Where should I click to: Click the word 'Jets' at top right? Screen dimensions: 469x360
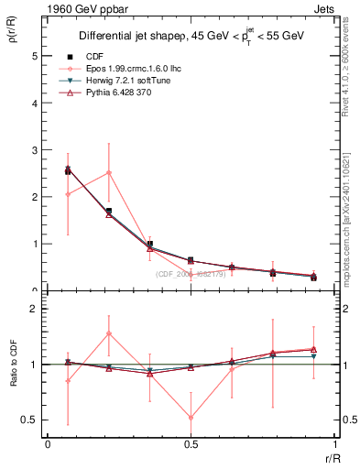tap(324, 7)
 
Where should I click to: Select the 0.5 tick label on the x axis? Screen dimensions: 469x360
tap(191, 445)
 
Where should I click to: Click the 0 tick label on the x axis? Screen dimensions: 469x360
tap(48, 445)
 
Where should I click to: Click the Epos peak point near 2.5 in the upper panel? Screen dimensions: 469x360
tap(109, 172)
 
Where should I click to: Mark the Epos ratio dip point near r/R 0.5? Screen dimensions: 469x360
tap(191, 418)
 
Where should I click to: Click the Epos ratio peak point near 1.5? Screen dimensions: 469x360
tap(109, 333)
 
